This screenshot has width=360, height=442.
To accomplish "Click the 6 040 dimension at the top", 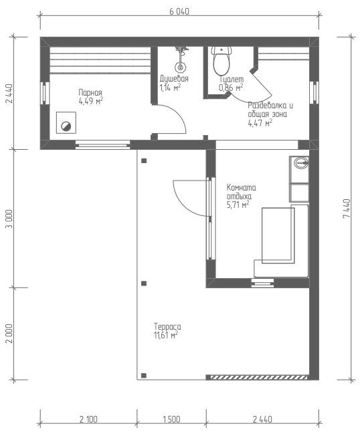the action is pyautogui.click(x=179, y=11).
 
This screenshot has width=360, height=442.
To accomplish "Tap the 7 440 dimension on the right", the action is pyautogui.click(x=347, y=208).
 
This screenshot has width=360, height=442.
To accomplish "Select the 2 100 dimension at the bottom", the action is pyautogui.click(x=88, y=419).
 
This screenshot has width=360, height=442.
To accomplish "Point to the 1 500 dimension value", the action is pyautogui.click(x=171, y=419).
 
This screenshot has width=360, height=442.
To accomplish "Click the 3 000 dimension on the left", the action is pyautogui.click(x=9, y=219).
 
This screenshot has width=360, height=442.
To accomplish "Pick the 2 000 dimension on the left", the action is pyautogui.click(x=9, y=333).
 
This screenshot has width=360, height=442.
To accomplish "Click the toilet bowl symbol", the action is pyautogui.click(x=221, y=61).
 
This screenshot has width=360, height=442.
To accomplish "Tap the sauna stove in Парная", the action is pyautogui.click(x=66, y=122).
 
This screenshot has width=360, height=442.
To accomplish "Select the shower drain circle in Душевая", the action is pyautogui.click(x=180, y=67).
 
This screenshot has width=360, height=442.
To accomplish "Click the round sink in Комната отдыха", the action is pyautogui.click(x=301, y=163).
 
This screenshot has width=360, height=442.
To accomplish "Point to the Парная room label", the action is pyautogui.click(x=90, y=93).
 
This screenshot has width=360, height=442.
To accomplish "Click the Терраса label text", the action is pyautogui.click(x=167, y=327).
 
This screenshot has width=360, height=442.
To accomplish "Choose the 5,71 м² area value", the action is pyautogui.click(x=238, y=205).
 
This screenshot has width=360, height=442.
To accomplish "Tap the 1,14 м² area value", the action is pyautogui.click(x=170, y=88).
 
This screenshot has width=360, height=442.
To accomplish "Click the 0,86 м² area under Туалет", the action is pyautogui.click(x=231, y=88).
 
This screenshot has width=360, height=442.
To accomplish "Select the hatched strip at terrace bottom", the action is pyautogui.click(x=258, y=377).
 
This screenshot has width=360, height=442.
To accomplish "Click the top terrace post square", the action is pyautogui.click(x=144, y=160).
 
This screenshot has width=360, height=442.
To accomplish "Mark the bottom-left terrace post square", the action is pyautogui.click(x=144, y=376).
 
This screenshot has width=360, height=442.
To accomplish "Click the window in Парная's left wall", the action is pyautogui.click(x=45, y=93).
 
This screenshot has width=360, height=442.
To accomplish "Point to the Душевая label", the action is pyautogui.click(x=174, y=79).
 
